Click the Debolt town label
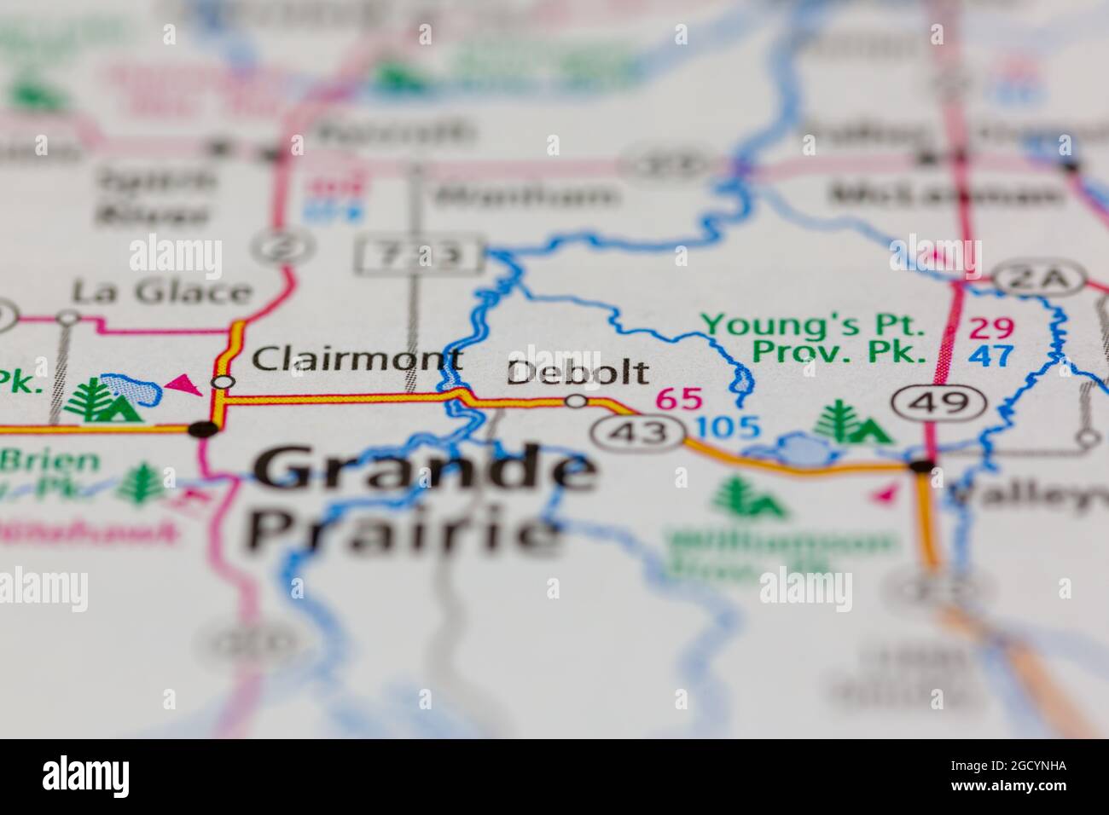pos(578,373)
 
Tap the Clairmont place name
pos(358,359)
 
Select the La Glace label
pos(161,292)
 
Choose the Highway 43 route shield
pos(640,433)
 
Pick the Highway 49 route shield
pos(940,403)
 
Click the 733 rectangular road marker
pos(420,255)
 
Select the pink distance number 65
pos(678,398)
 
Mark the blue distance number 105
pos(728,427)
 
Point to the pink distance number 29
pos(991,327)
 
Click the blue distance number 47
pos(991,355)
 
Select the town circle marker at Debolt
pos(578,401)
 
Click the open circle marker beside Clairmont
pos(223,382)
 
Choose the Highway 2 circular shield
pos(272,246)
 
